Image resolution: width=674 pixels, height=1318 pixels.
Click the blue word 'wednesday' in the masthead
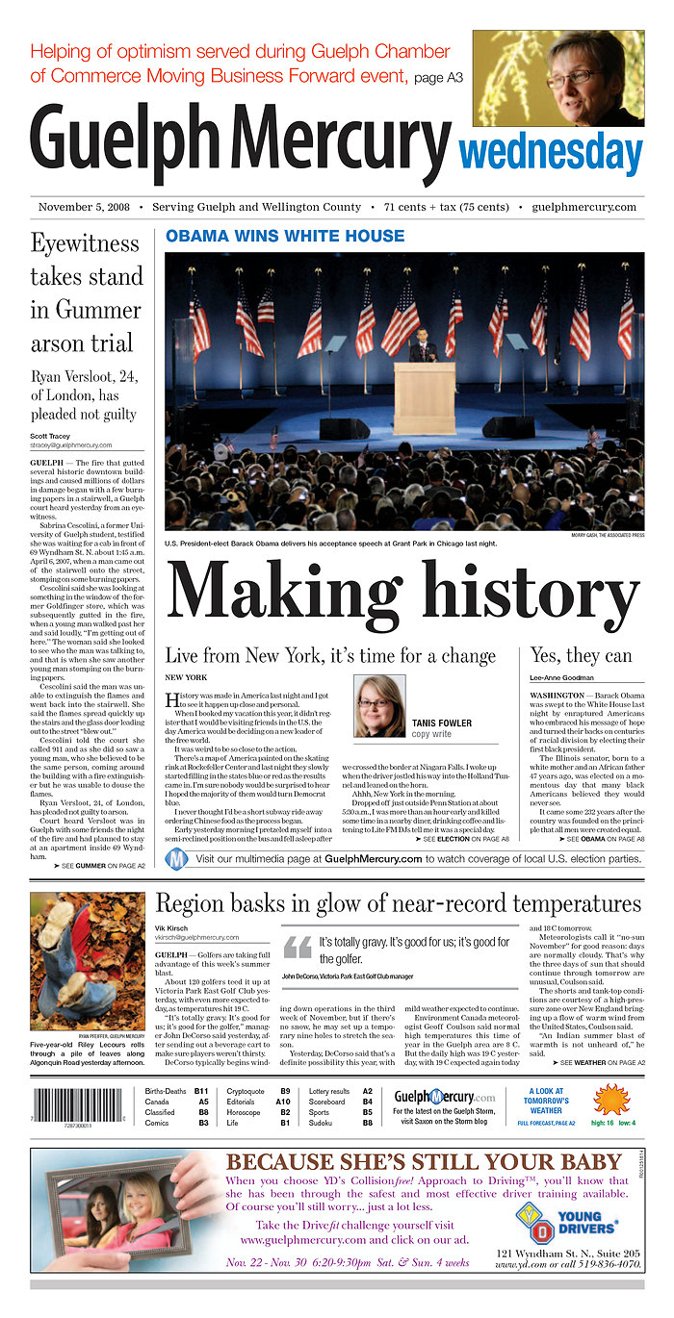[551, 152]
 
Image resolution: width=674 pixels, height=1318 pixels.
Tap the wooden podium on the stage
[425, 397]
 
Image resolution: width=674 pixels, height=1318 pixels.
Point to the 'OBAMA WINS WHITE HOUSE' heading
[285, 236]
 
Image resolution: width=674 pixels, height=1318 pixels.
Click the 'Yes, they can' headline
[581, 656]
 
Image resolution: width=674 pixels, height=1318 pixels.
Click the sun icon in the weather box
[610, 1099]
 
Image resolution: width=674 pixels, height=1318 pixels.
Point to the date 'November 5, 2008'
[84, 207]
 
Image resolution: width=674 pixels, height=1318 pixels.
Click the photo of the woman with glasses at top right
[557, 78]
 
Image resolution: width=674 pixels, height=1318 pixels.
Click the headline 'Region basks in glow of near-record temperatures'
[398, 903]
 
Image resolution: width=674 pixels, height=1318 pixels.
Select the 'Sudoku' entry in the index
[321, 1123]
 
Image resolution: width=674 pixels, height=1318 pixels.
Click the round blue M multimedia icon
[177, 858]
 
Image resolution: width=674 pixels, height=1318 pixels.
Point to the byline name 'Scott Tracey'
[50, 436]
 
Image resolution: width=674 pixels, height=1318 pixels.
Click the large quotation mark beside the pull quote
[298, 947]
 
